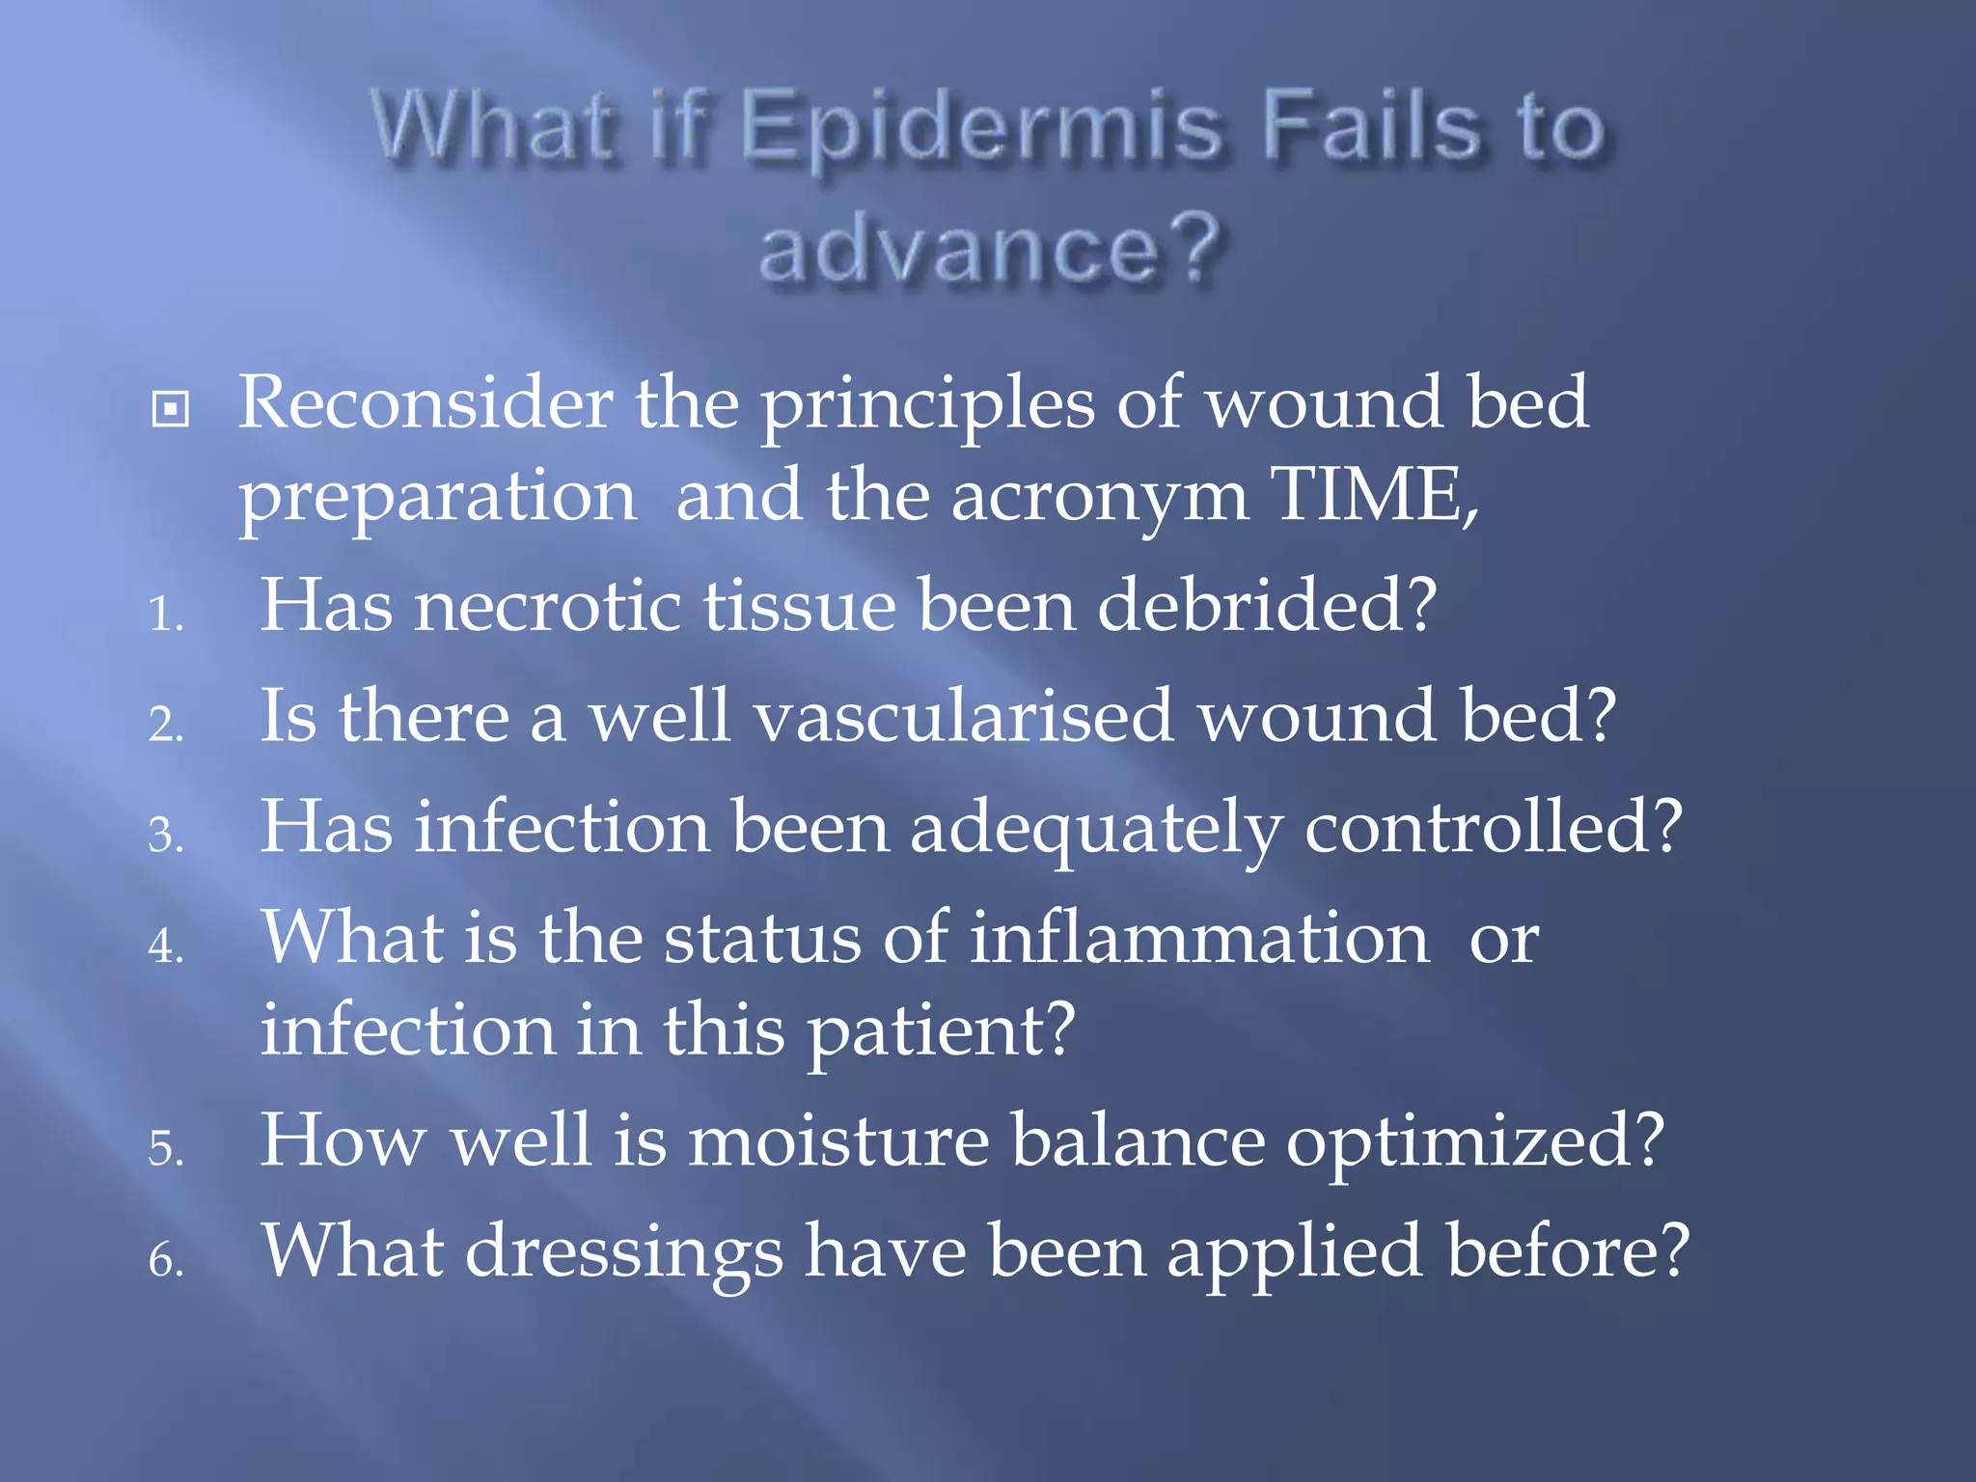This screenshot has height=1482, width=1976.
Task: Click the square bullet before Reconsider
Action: [x=171, y=409]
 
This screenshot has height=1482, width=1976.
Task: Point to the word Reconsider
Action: [x=425, y=403]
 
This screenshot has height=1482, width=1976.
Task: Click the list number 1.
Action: [x=165, y=614]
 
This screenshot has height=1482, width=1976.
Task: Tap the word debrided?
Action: [x=1267, y=607]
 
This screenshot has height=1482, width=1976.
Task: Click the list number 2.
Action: [x=165, y=724]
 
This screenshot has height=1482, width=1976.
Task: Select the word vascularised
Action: [x=964, y=718]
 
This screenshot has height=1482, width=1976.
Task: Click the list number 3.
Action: [x=165, y=835]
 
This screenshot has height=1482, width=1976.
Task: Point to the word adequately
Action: [x=1096, y=831]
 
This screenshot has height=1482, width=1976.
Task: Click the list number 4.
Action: [x=165, y=946]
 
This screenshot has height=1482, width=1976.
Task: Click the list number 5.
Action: [x=165, y=1149]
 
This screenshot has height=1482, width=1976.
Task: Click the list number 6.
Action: [x=165, y=1260]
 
